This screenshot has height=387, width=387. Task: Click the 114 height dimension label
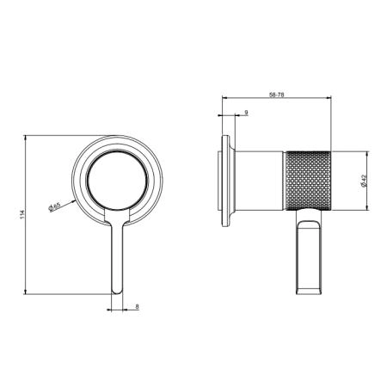click(x=22, y=215)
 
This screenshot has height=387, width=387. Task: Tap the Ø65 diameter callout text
click(x=54, y=206)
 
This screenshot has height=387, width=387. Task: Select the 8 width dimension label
click(x=137, y=307)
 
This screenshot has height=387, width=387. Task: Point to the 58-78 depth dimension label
click(x=276, y=95)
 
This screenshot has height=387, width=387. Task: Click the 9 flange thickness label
click(x=246, y=113)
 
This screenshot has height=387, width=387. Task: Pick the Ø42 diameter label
click(x=364, y=181)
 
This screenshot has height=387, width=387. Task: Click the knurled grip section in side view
click(x=308, y=181)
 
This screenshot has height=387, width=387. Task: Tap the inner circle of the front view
click(x=118, y=180)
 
